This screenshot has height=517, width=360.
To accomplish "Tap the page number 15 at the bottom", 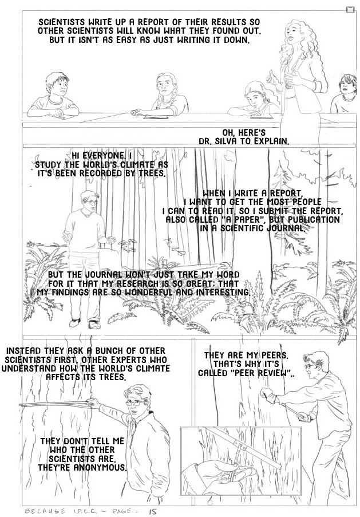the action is click(x=152, y=512).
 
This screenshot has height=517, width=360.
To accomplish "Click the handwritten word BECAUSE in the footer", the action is click(x=45, y=511).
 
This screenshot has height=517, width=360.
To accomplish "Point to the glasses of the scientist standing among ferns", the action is click(x=92, y=202).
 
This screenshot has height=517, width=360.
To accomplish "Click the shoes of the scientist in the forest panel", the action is click(x=85, y=323).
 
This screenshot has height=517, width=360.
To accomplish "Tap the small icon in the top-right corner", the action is click(x=350, y=10).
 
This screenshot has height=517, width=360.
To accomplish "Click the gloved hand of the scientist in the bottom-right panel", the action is click(x=267, y=394).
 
